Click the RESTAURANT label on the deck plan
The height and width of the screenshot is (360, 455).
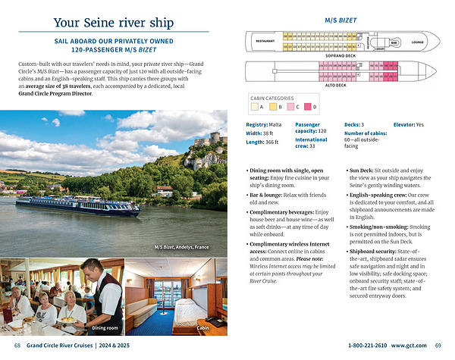(265, 41)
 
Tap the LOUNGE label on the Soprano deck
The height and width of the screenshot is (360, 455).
(418, 42)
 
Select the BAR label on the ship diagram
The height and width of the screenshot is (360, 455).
(394, 42)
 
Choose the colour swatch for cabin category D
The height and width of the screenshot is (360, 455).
(309, 108)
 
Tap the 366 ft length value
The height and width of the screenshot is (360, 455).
(271, 142)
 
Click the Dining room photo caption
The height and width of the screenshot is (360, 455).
(105, 327)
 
